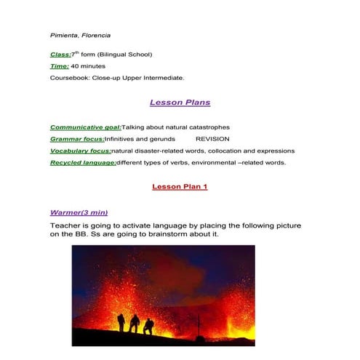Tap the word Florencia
tap(95, 35)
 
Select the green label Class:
tap(60, 55)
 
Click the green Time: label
tap(60, 66)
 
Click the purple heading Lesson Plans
tap(180, 103)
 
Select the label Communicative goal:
tap(85, 127)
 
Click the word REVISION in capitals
tap(212, 139)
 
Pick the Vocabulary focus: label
tap(80, 151)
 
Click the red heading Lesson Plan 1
tap(180, 187)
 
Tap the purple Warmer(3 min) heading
tap(79, 212)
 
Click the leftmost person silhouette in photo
tap(119, 321)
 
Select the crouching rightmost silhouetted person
tap(148, 326)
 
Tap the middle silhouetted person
tap(135, 323)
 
